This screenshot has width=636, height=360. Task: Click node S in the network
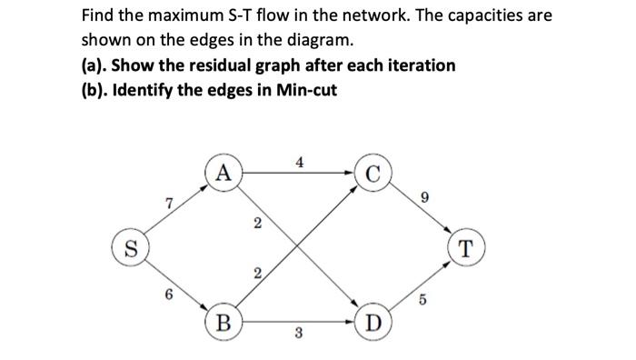pos(130,248)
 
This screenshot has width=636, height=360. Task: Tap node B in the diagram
pos(223,322)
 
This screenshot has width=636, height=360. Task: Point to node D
pos(374,323)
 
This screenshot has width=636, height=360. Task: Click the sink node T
pos(467,248)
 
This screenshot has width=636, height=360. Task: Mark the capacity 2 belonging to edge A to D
pos(257,224)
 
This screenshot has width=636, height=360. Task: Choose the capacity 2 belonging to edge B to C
pos(257,273)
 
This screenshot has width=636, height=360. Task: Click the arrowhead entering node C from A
pos(353,171)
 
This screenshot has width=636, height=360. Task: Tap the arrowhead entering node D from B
pos(353,322)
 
